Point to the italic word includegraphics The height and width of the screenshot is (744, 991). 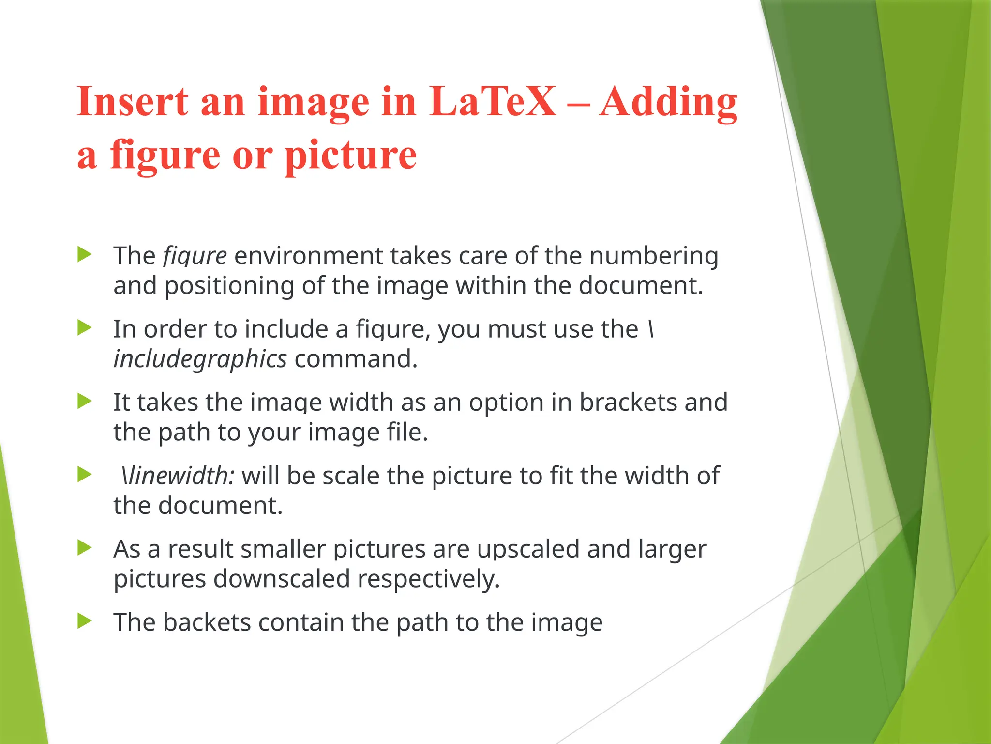click(200, 359)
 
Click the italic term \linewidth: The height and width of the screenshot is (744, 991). click(177, 476)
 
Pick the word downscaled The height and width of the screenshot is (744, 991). click(282, 579)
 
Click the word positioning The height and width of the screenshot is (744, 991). click(228, 286)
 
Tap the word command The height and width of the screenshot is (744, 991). click(356, 359)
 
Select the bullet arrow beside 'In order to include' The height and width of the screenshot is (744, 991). click(84, 328)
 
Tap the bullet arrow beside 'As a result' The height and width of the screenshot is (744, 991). click(84, 548)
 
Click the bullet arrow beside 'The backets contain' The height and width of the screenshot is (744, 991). click(84, 621)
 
